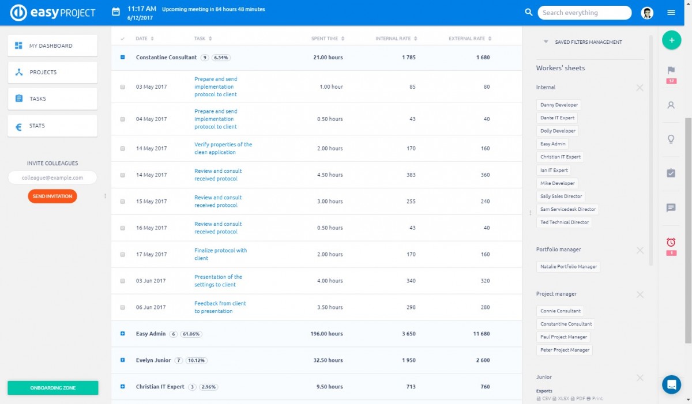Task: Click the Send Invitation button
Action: coord(52,197)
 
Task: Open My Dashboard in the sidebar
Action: coord(52,46)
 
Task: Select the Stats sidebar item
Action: coord(52,126)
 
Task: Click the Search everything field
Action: coord(585,13)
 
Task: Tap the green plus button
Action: coord(671,40)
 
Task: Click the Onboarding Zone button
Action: coord(52,388)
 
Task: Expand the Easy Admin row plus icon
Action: coord(123,334)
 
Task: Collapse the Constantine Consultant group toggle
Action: coord(123,58)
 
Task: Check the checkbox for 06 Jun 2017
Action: coord(123,307)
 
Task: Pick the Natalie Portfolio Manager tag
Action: coord(568,267)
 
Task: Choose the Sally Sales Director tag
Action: coord(561,197)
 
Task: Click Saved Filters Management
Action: coord(588,42)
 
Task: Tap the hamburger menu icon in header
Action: coord(671,13)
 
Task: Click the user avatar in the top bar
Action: coord(647,13)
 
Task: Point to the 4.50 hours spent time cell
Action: coord(330,175)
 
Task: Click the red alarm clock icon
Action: coord(671,243)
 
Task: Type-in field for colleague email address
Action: coord(52,178)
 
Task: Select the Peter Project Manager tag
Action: coord(565,350)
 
